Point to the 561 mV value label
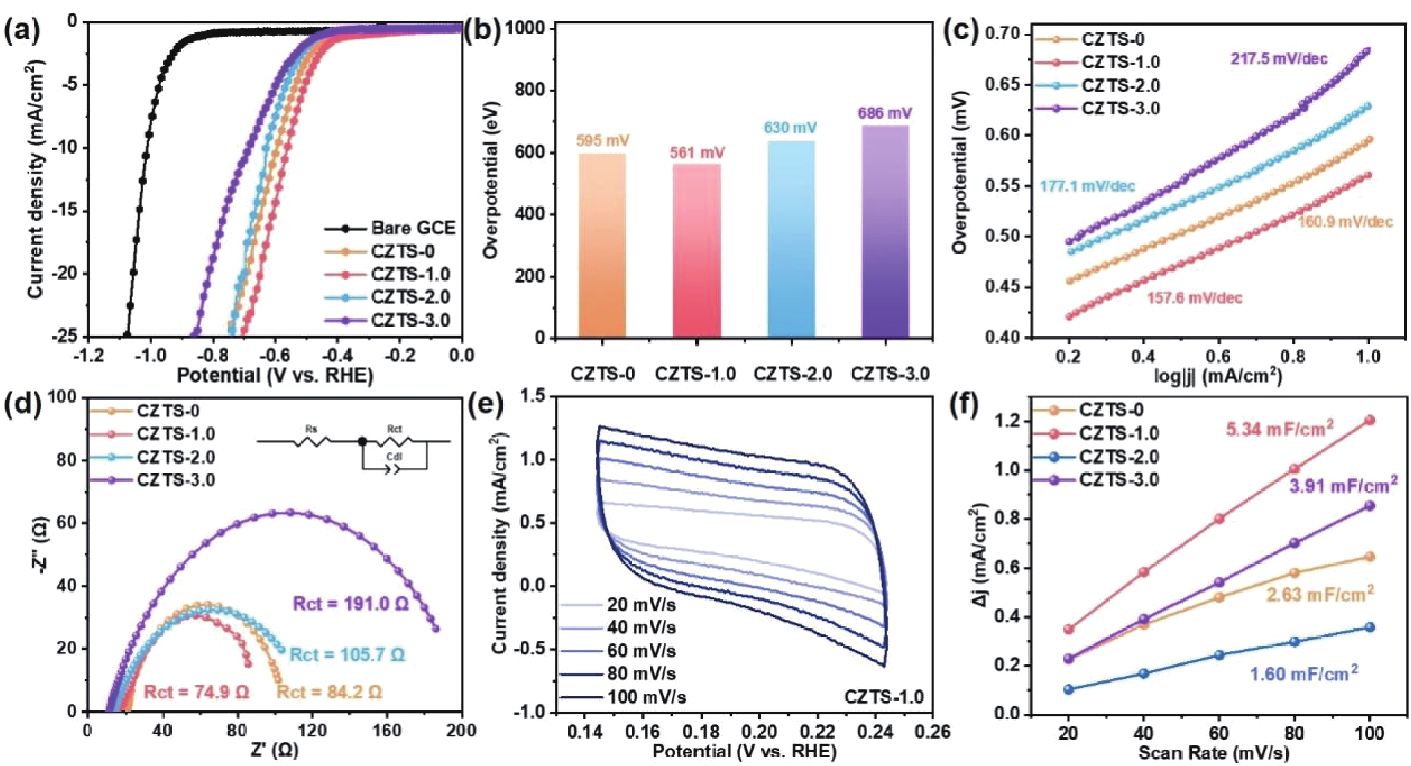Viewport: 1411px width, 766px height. (x=697, y=153)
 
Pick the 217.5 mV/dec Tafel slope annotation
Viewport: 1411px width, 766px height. (x=1280, y=59)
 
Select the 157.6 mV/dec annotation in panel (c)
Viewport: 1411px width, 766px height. (x=1195, y=298)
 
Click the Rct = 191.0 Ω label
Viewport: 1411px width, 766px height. (x=351, y=604)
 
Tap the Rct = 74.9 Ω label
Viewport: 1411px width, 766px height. (x=197, y=693)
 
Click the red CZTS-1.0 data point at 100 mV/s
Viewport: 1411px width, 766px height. (x=1370, y=420)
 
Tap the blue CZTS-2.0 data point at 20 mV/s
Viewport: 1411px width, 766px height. (x=1069, y=689)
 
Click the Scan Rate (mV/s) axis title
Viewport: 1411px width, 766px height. (x=1213, y=753)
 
